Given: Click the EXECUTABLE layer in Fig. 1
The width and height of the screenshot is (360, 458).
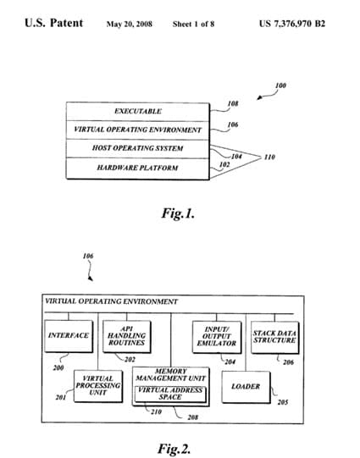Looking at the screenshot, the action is pyautogui.click(x=137, y=111).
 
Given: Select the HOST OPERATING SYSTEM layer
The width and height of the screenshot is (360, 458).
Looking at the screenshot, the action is pyautogui.click(x=137, y=148).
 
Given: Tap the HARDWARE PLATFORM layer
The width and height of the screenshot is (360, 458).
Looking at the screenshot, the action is pyautogui.click(x=137, y=168).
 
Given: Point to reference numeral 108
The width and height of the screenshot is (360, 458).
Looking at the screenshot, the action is pyautogui.click(x=233, y=103).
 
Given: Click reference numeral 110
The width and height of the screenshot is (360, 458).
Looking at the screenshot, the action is pyautogui.click(x=269, y=157).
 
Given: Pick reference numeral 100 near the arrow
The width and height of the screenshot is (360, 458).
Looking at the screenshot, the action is pyautogui.click(x=280, y=86).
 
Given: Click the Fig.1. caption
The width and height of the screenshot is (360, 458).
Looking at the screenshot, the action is pyautogui.click(x=178, y=213).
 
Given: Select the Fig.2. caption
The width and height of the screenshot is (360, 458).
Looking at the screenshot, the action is pyautogui.click(x=174, y=449).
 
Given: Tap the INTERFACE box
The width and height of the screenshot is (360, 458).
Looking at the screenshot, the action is pyautogui.click(x=69, y=336).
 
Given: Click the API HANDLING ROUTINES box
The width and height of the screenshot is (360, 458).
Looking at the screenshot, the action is pyautogui.click(x=127, y=336).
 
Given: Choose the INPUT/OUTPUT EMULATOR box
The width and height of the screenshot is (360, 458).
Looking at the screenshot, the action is pyautogui.click(x=217, y=337).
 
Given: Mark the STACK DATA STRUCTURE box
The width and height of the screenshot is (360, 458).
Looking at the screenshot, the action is pyautogui.click(x=274, y=338).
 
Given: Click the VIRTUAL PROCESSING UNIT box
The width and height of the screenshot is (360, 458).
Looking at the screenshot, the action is pyautogui.click(x=98, y=386).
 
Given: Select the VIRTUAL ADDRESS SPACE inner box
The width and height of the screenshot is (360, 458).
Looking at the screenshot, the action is pyautogui.click(x=170, y=394).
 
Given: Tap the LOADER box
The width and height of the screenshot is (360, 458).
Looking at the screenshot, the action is pyautogui.click(x=246, y=387).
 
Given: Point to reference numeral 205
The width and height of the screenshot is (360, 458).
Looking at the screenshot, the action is pyautogui.click(x=283, y=402).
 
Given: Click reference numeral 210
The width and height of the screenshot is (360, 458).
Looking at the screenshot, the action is pyautogui.click(x=157, y=411).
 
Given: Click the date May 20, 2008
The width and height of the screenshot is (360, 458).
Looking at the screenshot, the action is pyautogui.click(x=129, y=24).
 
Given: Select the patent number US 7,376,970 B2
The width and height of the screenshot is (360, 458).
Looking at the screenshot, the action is pyautogui.click(x=292, y=24).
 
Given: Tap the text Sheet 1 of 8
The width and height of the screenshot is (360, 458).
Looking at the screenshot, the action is pyautogui.click(x=193, y=24).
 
